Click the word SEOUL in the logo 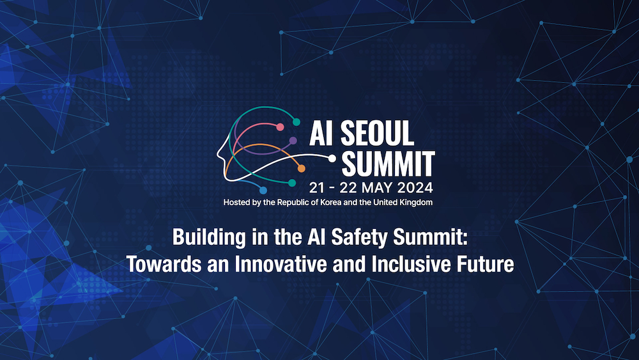(x=377, y=133)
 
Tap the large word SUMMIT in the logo (x=388, y=164)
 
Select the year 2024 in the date (x=415, y=187)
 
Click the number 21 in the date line (x=317, y=187)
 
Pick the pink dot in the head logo (x=280, y=127)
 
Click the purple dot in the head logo (x=293, y=141)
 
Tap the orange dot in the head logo (x=301, y=168)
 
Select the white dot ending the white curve (x=332, y=159)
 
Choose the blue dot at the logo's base (x=263, y=191)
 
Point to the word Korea (x=330, y=202)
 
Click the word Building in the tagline (x=209, y=238)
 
